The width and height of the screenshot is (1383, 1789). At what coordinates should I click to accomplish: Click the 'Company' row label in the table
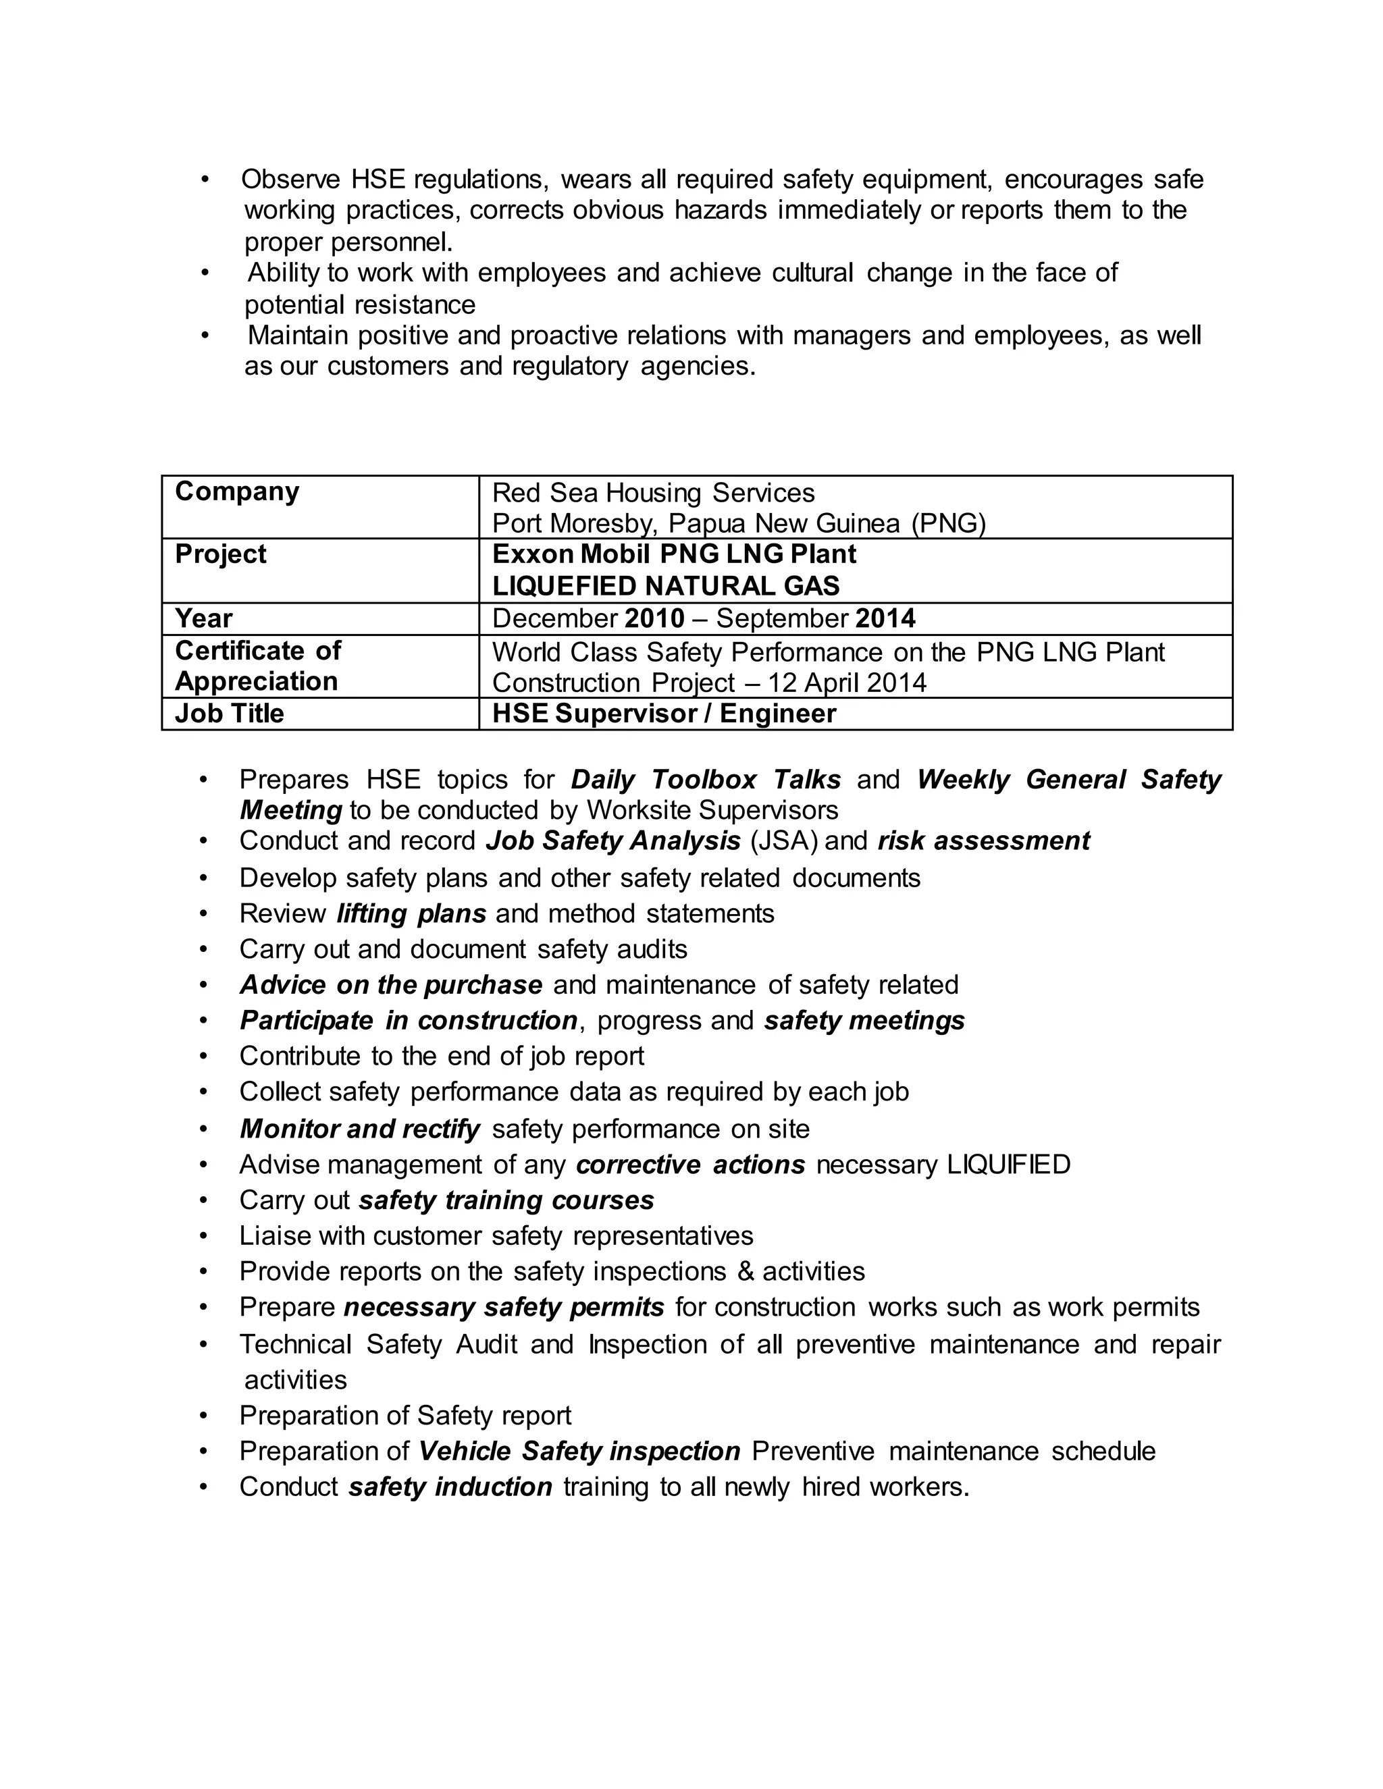coord(237,491)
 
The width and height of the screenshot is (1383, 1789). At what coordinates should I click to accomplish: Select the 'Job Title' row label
coord(230,714)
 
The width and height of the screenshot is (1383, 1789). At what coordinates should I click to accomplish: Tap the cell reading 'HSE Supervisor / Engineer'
coord(664,714)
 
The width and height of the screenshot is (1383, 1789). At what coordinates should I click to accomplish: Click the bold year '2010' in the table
coord(654,618)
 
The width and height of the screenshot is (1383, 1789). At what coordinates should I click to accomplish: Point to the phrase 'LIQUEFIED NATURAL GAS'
coord(665,587)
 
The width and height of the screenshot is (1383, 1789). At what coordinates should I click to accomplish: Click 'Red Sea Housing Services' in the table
coord(653,493)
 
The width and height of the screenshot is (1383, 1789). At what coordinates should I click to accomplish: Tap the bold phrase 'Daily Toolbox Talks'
coord(706,779)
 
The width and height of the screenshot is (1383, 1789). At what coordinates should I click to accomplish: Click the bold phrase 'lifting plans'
coord(411,913)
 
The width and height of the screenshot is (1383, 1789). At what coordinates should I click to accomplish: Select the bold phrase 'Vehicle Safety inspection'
coord(579,1451)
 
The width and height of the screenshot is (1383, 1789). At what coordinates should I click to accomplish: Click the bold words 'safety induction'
coord(450,1487)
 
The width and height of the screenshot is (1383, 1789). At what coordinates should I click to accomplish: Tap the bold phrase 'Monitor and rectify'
coord(360,1129)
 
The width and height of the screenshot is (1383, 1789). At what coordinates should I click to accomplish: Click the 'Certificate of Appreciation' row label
coord(257,666)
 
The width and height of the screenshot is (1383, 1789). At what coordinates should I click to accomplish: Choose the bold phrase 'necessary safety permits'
coord(504,1308)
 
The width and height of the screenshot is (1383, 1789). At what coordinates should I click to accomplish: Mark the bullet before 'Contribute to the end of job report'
coord(204,1057)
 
